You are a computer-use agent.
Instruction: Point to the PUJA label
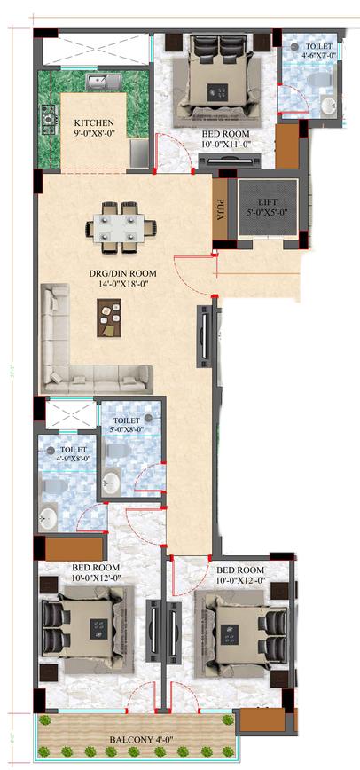[x=220, y=209]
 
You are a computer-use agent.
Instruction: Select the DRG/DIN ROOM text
[x=126, y=275]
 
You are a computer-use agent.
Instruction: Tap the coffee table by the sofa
[x=109, y=318]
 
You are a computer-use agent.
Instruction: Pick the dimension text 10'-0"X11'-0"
[x=214, y=142]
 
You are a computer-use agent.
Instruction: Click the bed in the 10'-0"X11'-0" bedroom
[x=213, y=80]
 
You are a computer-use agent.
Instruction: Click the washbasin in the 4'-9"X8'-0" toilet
[x=49, y=517]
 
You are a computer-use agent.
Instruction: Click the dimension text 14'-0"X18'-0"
[x=126, y=287]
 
